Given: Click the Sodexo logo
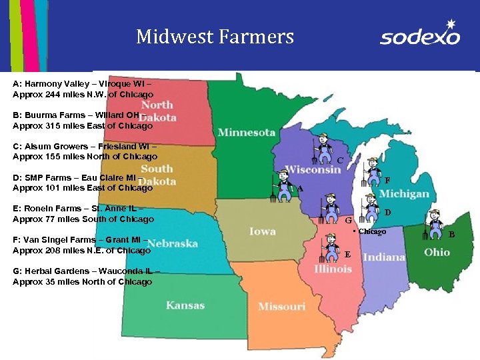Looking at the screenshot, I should (420, 34).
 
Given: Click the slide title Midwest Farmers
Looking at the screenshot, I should (215, 36).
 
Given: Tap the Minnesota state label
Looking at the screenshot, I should (246, 132).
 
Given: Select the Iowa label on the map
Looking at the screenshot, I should (262, 231).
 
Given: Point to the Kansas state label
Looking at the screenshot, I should (185, 305).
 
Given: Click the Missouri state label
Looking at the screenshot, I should (281, 306).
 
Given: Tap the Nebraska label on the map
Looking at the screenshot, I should (173, 243).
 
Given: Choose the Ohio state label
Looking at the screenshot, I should (437, 253).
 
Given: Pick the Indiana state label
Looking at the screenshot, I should (384, 257).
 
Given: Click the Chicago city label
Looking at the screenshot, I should (370, 231).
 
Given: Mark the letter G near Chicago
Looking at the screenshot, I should (347, 220).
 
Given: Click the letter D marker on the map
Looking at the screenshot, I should (387, 213).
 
